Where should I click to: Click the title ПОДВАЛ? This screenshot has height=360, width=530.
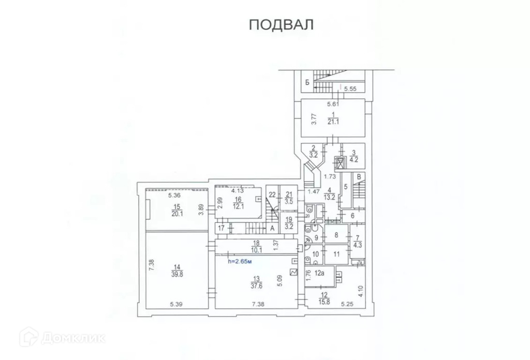pos(282,25)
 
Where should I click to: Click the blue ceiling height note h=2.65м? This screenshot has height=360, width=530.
pos(240,262)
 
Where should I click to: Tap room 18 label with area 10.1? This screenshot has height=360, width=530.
pos(256,246)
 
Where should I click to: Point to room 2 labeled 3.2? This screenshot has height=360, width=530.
pos(313,151)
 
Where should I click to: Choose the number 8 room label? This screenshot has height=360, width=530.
pos(336,235)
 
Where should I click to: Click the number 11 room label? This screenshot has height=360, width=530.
pos(336,254)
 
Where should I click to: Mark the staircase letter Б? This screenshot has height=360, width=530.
pos(307,82)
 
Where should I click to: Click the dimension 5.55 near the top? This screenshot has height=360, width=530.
pos(352,88)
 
